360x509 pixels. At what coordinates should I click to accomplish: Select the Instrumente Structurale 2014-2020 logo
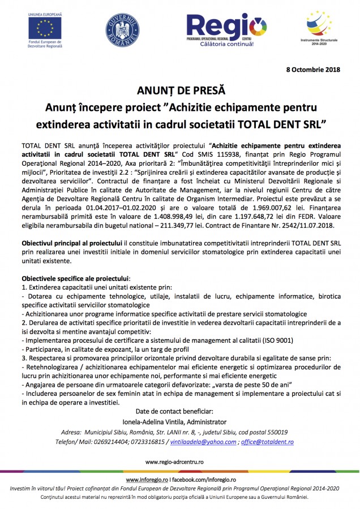pos(320,25)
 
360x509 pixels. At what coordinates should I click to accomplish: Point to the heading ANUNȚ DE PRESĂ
pos(180,90)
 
